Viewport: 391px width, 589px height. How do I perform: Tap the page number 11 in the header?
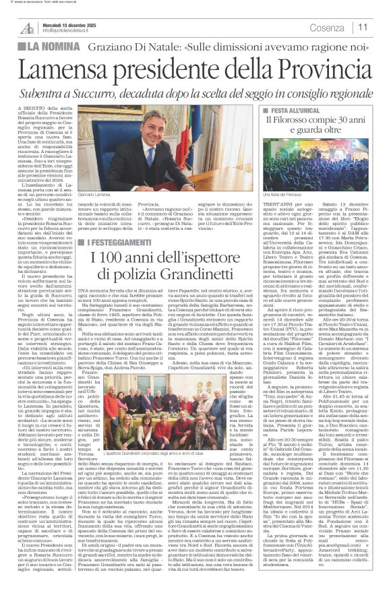[363, 27]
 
